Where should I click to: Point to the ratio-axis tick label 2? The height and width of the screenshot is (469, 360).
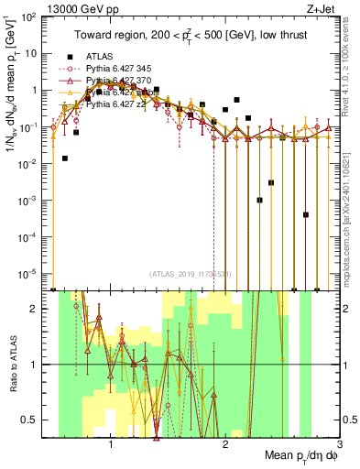(40, 309)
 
